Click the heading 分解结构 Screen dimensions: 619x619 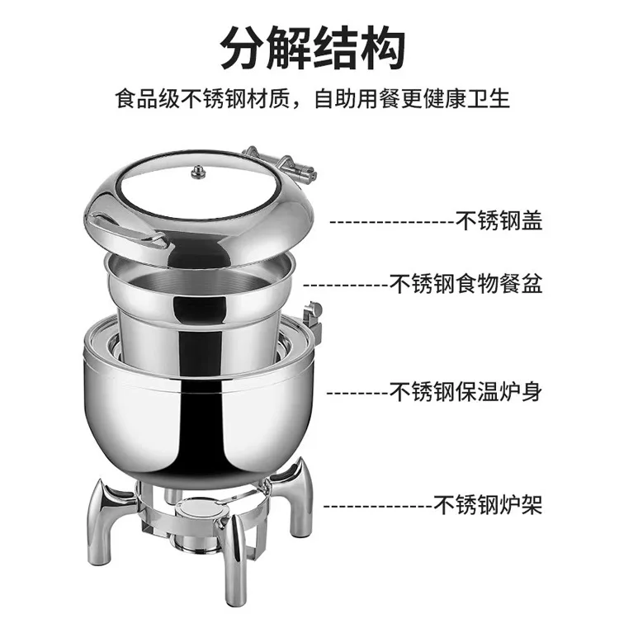(312, 48)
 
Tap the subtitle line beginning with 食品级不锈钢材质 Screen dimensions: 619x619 (312, 99)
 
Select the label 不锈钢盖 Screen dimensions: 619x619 (499, 220)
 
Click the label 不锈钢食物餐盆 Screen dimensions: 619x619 (465, 283)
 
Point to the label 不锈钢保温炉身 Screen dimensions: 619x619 (465, 391)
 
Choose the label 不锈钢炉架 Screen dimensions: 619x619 (488, 504)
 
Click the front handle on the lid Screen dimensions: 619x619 (128, 231)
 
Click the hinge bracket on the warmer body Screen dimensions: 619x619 (313, 319)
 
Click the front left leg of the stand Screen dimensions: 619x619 (106, 521)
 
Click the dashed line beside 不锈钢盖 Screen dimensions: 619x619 (392, 222)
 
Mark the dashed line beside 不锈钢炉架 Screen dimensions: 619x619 (378, 506)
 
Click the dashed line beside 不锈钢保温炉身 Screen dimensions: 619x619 (357, 393)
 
